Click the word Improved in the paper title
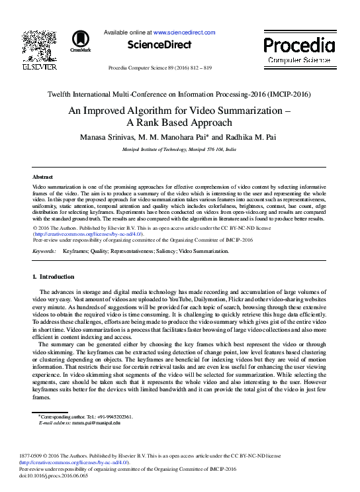113,112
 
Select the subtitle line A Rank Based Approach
179,123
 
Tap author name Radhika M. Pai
254,137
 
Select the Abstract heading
43,177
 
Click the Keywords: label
44,252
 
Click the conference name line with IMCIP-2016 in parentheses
179,94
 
